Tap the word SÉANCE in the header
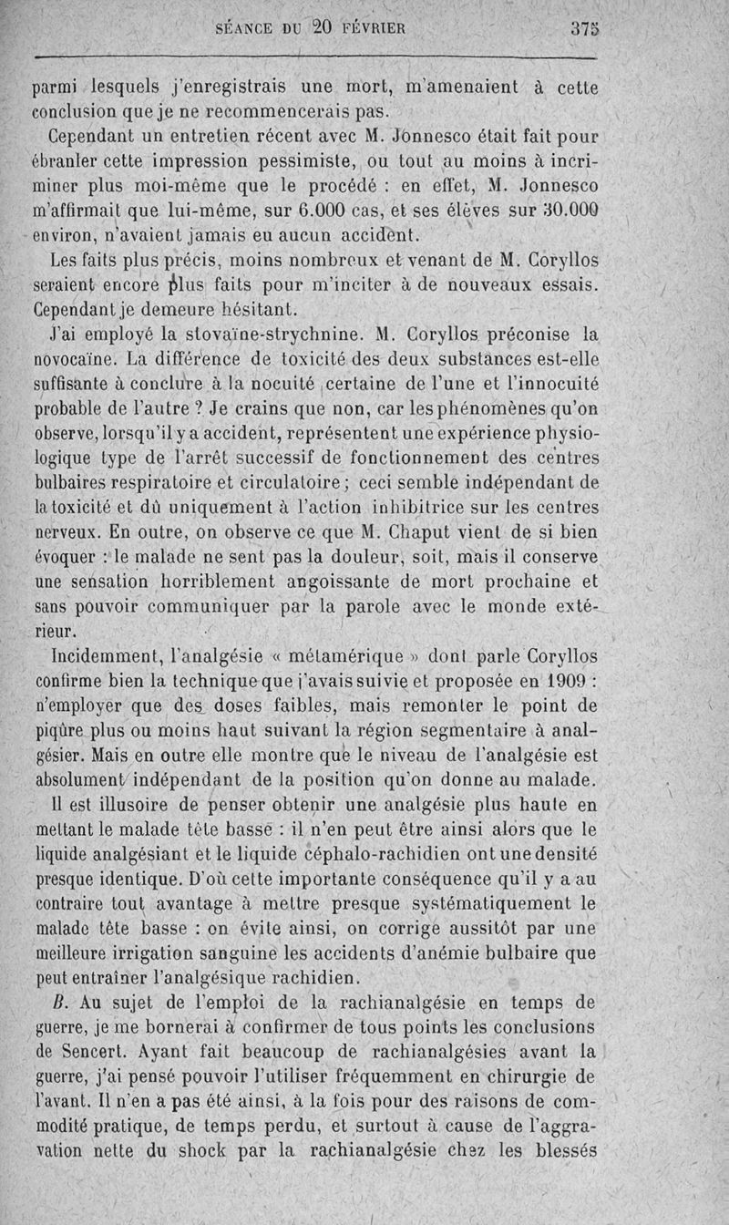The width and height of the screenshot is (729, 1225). [x=242, y=27]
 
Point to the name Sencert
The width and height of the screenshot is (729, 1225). [x=77, y=1050]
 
